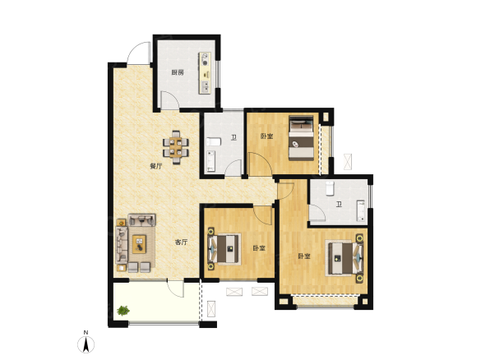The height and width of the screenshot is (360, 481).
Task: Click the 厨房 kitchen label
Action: click(x=178, y=72)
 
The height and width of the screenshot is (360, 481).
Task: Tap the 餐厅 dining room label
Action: click(x=156, y=167)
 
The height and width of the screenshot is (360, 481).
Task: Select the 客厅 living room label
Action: click(x=181, y=242)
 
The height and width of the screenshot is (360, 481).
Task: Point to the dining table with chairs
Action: click(x=176, y=147)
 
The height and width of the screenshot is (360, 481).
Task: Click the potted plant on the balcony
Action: click(x=123, y=311)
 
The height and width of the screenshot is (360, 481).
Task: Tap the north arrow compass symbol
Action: click(x=86, y=344)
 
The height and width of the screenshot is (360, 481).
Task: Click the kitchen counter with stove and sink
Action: click(x=206, y=73)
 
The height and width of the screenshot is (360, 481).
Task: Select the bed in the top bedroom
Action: click(x=301, y=138)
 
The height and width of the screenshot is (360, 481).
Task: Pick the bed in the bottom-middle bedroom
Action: click(x=224, y=248)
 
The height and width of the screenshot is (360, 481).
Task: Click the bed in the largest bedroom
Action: click(x=345, y=258)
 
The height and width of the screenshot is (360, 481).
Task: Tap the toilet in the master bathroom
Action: click(x=330, y=188)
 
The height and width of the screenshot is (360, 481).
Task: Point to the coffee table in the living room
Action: click(x=139, y=244)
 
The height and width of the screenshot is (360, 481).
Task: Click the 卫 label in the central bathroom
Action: click(x=234, y=137)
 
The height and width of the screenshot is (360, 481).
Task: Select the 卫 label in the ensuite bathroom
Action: click(x=339, y=204)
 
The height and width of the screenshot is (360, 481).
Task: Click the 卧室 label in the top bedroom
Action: click(x=267, y=136)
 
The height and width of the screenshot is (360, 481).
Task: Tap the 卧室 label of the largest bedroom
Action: click(x=304, y=256)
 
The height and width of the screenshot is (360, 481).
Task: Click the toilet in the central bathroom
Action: click(x=214, y=141)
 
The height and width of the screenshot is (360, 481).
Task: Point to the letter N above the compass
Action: click(x=86, y=332)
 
